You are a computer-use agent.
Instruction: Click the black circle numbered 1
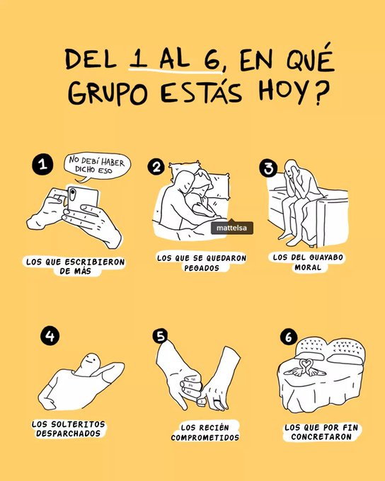point(42,165)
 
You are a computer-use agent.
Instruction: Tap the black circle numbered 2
point(156,167)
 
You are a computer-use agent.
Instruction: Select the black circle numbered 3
point(268,167)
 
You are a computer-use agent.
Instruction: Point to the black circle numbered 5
point(161,337)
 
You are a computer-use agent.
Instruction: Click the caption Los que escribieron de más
point(75,266)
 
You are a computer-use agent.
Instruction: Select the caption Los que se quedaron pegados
point(201,262)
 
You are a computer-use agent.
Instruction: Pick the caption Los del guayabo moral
point(308,262)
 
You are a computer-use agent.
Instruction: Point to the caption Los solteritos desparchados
point(68,428)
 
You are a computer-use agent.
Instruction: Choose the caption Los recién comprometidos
point(205,432)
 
